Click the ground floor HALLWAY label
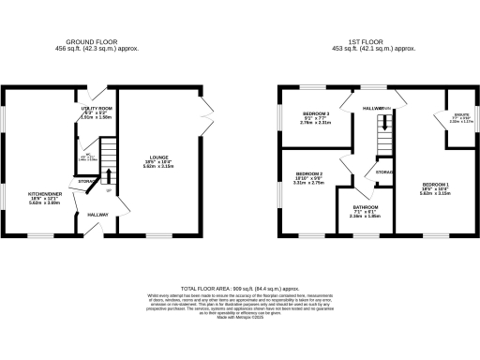[98, 215]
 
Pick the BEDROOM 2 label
[309, 174]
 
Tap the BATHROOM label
[365, 207]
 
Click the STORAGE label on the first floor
[384, 172]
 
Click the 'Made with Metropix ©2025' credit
[239, 320]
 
